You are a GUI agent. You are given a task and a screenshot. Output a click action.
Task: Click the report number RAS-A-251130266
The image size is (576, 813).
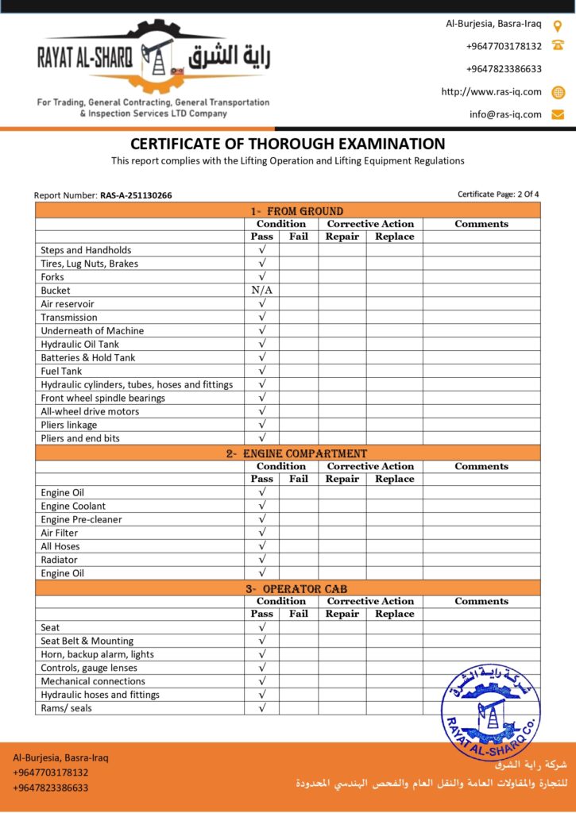(136, 195)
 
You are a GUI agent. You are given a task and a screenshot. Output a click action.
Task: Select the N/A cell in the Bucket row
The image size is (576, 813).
(262, 291)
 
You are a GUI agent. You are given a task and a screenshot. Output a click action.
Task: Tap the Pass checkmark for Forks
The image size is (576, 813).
(262, 277)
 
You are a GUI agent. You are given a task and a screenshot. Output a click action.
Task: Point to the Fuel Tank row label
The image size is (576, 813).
(61, 371)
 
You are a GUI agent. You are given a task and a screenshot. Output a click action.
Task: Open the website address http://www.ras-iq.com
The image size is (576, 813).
(491, 92)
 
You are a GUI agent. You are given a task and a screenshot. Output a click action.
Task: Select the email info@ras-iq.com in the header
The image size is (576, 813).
(505, 114)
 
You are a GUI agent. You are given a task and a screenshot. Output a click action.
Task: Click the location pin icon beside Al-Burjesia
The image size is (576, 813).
(558, 25)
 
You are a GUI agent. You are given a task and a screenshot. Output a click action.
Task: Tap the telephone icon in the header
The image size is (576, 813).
(558, 46)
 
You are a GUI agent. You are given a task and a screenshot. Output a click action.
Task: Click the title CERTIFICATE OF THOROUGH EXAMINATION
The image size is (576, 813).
(288, 144)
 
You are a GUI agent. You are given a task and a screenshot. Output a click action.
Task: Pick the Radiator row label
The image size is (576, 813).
(60, 560)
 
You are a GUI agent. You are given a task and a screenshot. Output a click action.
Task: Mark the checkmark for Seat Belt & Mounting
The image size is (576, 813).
(262, 641)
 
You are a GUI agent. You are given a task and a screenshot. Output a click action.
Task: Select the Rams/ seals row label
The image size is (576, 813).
(66, 708)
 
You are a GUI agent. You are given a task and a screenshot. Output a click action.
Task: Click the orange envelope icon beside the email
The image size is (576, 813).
(558, 114)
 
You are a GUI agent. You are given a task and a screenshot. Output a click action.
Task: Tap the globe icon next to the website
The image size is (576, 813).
(558, 92)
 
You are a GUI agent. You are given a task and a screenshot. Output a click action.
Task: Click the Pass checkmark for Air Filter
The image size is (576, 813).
(262, 533)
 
